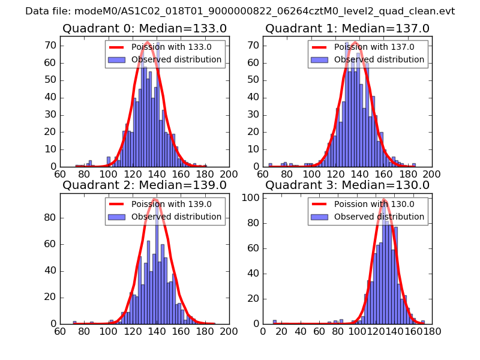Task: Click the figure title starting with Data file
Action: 240,11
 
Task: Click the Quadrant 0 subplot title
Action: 145,28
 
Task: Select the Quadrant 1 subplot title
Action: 347,28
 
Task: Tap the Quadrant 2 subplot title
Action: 145,185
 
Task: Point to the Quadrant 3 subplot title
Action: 347,185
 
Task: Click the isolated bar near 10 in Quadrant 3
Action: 275,322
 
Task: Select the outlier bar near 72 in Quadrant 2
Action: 75,322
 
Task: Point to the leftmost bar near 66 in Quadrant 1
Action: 270,164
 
